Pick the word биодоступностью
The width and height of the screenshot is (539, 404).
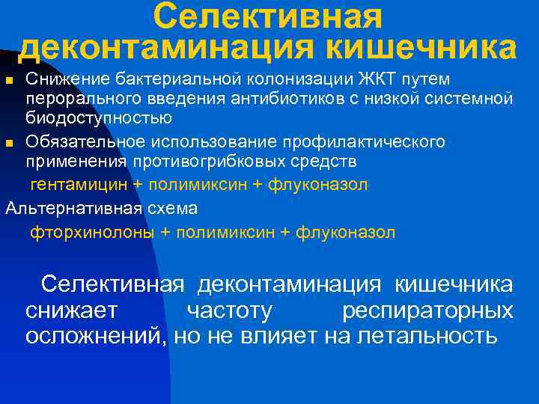click(99, 117)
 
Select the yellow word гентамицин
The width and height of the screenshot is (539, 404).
click(77, 184)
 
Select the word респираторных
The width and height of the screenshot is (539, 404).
click(427, 310)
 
